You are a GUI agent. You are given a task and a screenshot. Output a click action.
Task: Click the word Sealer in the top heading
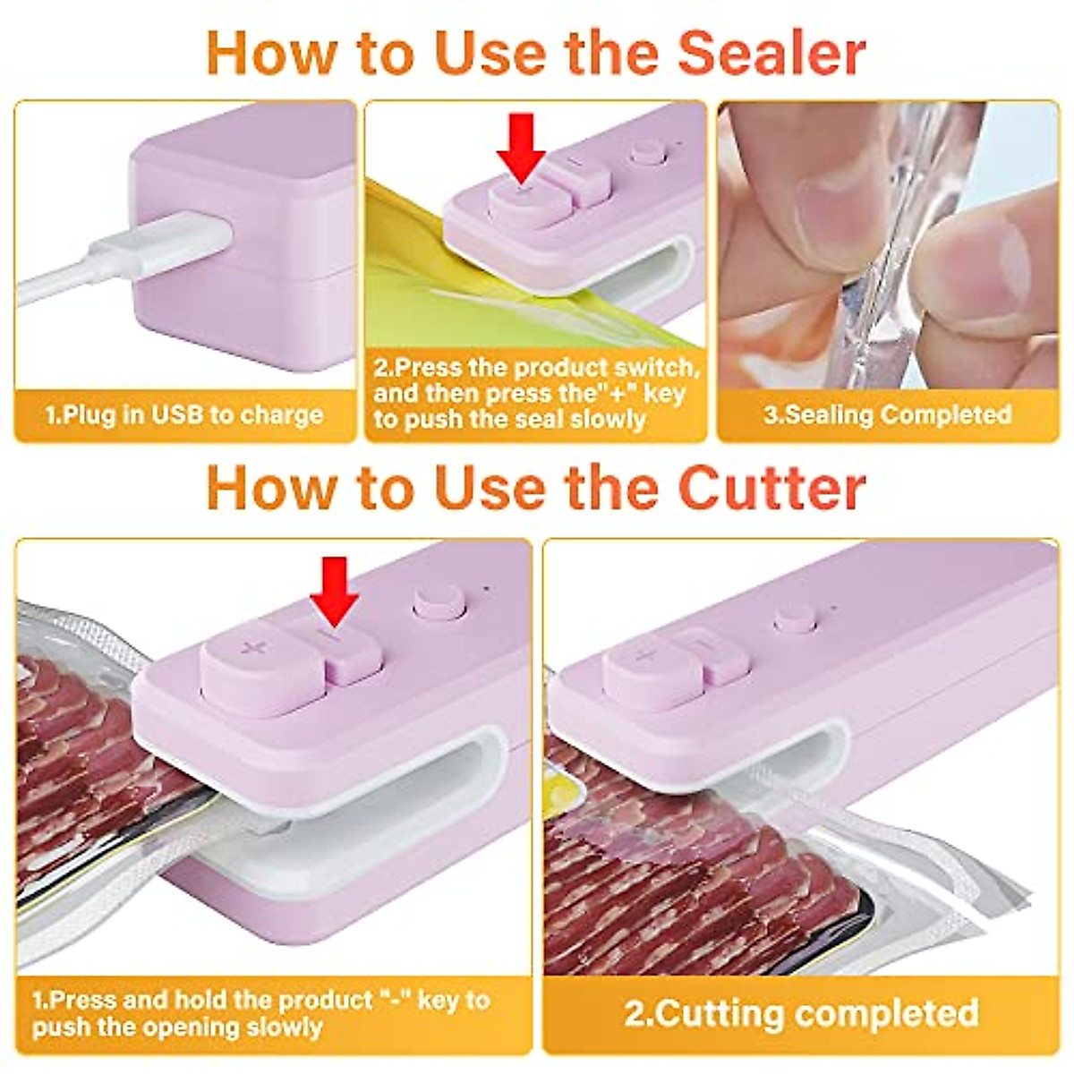coord(771,54)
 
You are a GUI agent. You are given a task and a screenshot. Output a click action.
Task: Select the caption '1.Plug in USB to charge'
coord(184,415)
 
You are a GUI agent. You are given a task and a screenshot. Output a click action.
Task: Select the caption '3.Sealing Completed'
coord(887,415)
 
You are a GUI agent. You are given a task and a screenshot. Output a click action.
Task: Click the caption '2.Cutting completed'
coord(801,1013)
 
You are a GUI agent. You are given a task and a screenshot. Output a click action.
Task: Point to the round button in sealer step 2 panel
coord(647,152)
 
